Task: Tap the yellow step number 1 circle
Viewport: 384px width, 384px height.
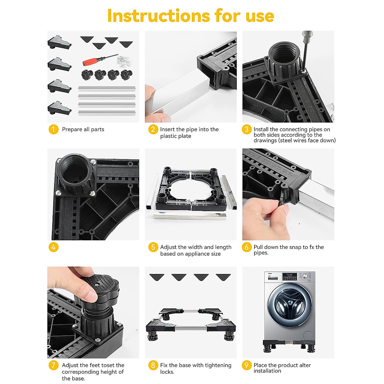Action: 53,129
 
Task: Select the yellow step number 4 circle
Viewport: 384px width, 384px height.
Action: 53,247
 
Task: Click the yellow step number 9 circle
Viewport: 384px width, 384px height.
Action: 246,365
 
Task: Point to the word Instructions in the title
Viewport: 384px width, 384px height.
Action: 158,16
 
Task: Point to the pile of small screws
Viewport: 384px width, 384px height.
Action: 124,60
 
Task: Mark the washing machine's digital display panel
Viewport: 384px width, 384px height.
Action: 290,276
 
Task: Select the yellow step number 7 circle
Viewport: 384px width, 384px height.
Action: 53,365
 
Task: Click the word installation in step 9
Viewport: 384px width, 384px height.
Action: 267,371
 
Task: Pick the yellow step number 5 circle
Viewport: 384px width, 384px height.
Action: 153,247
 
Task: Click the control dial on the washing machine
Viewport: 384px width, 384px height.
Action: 305,276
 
